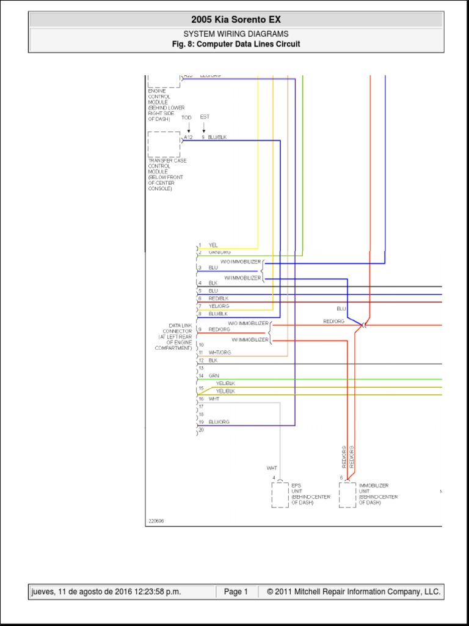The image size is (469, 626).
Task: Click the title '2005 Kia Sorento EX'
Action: pyautogui.click(x=235, y=20)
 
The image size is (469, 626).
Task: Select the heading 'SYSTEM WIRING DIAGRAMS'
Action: pyautogui.click(x=235, y=34)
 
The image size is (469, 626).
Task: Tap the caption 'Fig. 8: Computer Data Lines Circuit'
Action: pyautogui.click(x=235, y=45)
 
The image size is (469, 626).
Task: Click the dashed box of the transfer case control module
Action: pyautogui.click(x=164, y=144)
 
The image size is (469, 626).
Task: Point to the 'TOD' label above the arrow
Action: pyautogui.click(x=187, y=117)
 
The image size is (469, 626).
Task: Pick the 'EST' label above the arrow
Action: pyautogui.click(x=204, y=117)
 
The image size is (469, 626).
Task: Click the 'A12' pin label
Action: pyautogui.click(x=188, y=138)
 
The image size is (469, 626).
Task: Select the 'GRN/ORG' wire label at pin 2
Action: pyautogui.click(x=220, y=252)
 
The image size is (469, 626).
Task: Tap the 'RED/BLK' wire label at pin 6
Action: pyautogui.click(x=219, y=298)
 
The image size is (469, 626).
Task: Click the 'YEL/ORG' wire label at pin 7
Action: pyautogui.click(x=219, y=306)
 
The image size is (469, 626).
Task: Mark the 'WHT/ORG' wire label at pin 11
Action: pyautogui.click(x=220, y=353)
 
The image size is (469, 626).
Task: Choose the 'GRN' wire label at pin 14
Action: pyautogui.click(x=214, y=375)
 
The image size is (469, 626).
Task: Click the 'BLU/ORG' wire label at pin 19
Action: pyautogui.click(x=219, y=422)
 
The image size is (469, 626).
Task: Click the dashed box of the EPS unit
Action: pyautogui.click(x=280, y=495)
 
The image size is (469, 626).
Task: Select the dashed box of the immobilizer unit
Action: pyautogui.click(x=347, y=495)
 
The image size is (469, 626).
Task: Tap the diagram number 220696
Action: pyautogui.click(x=156, y=521)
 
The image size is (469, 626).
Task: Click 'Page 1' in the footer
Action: pyautogui.click(x=236, y=592)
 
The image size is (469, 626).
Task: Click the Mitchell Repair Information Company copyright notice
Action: pyautogui.click(x=353, y=592)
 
